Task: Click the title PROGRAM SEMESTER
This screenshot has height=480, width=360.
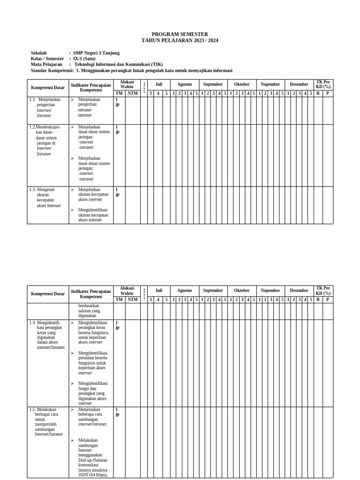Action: [180, 34]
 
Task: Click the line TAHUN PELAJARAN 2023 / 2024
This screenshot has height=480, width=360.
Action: [180, 41]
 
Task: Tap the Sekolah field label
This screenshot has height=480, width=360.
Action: [39, 53]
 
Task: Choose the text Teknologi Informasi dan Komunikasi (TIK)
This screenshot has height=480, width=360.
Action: [119, 64]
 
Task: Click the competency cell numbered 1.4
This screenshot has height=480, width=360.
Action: [46, 335]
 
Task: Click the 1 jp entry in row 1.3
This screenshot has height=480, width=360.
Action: [117, 192]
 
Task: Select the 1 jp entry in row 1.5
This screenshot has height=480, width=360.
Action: [117, 412]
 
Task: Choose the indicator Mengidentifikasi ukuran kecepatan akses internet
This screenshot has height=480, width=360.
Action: [93, 215]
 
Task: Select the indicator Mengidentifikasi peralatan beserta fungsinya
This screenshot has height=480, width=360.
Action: [93, 363]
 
